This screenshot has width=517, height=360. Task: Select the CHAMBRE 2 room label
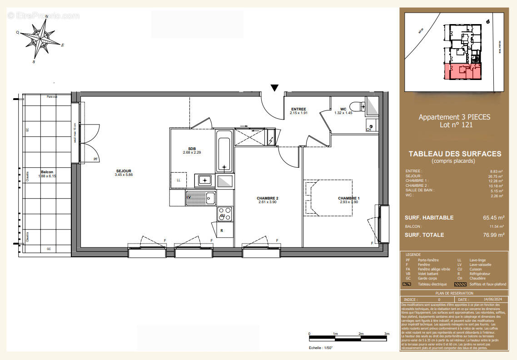click(267, 198)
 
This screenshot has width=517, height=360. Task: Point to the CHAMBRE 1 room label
click(349, 198)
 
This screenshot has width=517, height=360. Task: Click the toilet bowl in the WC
click(358, 106)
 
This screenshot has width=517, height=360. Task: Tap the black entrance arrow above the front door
click(274, 87)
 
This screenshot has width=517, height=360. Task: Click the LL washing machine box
click(178, 180)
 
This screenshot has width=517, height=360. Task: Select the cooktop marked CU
click(224, 214)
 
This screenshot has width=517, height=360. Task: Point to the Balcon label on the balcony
click(47, 172)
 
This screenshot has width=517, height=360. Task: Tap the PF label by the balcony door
click(95, 159)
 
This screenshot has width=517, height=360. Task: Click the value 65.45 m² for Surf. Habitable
click(493, 218)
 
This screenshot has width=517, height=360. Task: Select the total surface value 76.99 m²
click(493, 235)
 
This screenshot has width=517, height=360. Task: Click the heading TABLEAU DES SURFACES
click(455, 154)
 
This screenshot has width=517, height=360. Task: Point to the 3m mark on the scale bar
click(387, 334)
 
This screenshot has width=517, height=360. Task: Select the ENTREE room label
click(298, 109)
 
